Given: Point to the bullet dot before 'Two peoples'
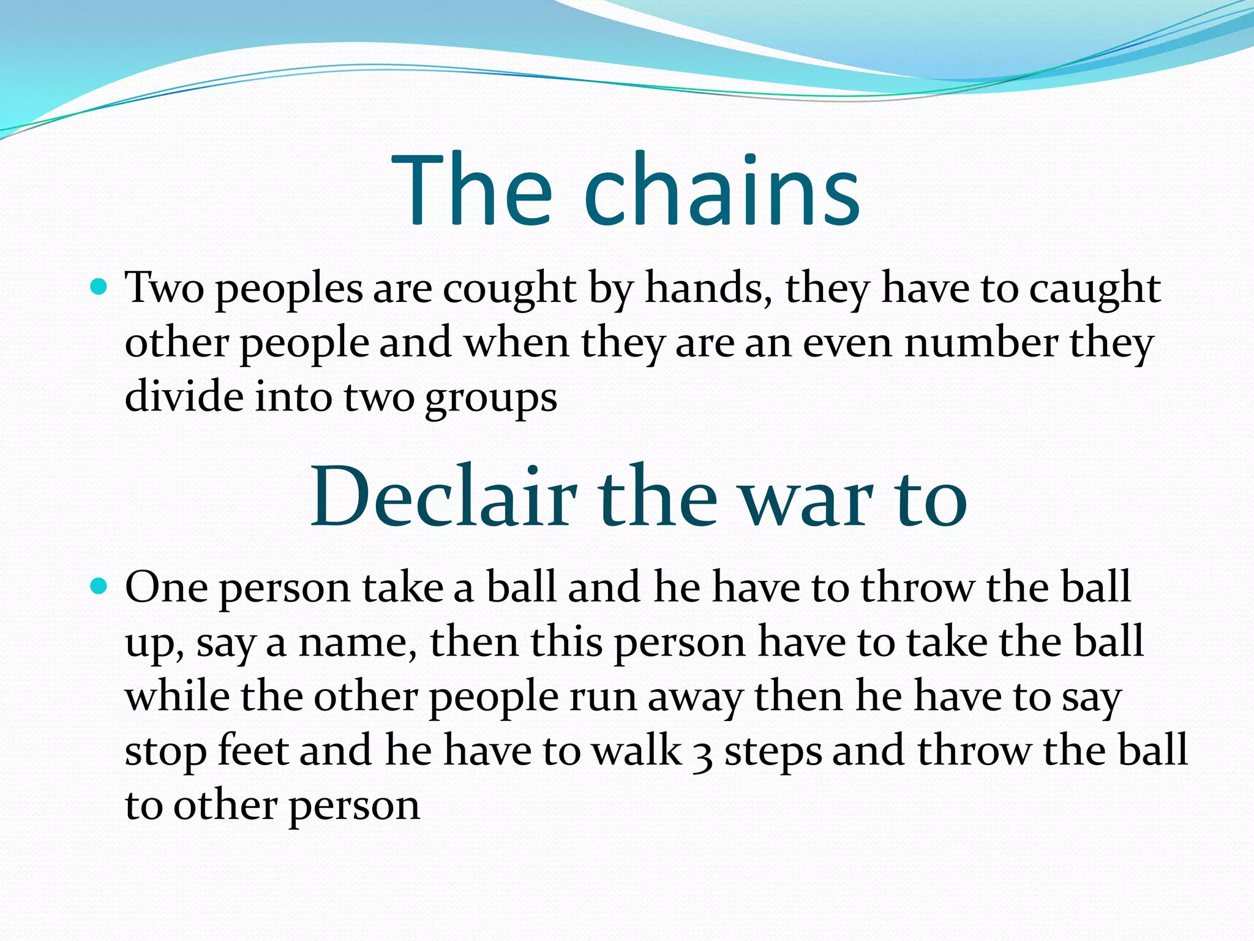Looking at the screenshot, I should click(98, 285).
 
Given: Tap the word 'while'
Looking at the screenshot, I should click(177, 696).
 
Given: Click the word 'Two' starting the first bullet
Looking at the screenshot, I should click(164, 288).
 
